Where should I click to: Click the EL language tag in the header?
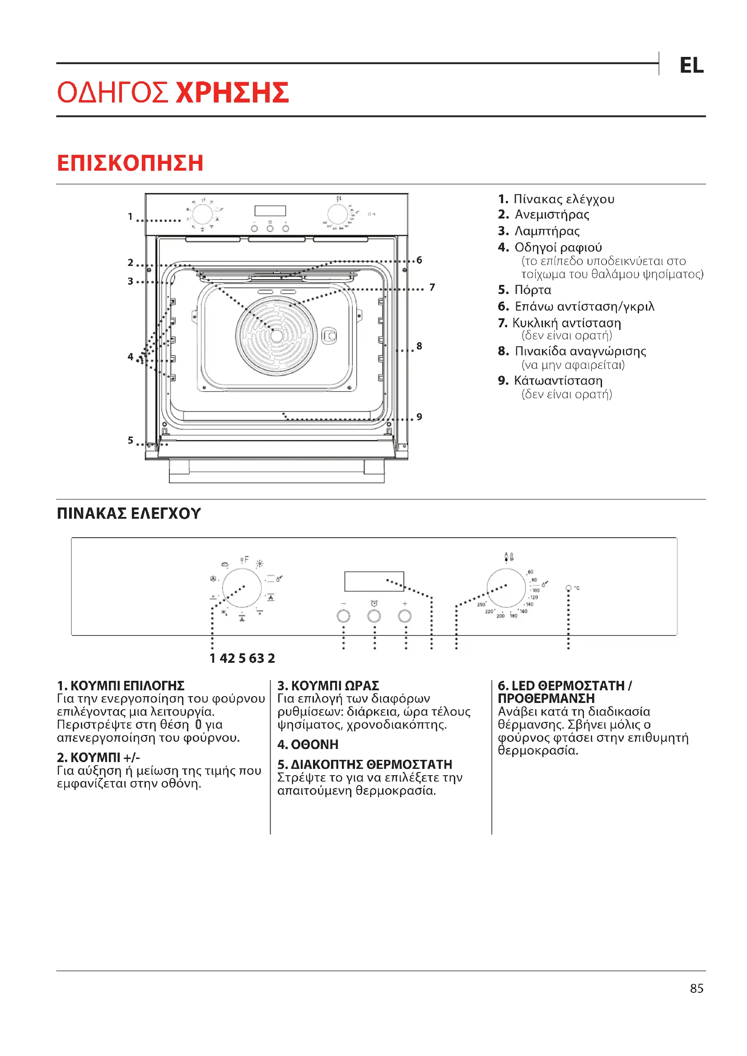[691, 65]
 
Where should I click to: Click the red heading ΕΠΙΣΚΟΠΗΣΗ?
[130, 163]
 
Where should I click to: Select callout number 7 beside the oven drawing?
[432, 288]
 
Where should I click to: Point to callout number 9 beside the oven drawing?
[419, 417]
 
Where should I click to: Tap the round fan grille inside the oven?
[276, 336]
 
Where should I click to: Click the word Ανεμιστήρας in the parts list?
[551, 215]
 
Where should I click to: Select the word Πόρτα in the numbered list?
[532, 290]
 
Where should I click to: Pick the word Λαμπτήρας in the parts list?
[547, 231]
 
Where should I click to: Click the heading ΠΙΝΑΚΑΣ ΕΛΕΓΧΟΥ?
[129, 513]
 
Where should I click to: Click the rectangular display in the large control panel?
[374, 581]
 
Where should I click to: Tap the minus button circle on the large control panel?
[343, 616]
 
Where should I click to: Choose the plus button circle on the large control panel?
[405, 616]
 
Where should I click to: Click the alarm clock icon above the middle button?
[374, 603]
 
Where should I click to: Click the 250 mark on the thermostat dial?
[481, 605]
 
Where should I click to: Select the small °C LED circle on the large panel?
[569, 588]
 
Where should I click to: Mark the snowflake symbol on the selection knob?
[224, 612]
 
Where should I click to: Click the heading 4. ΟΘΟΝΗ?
[308, 744]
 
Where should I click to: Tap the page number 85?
[696, 988]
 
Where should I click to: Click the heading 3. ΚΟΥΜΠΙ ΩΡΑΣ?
[328, 686]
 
